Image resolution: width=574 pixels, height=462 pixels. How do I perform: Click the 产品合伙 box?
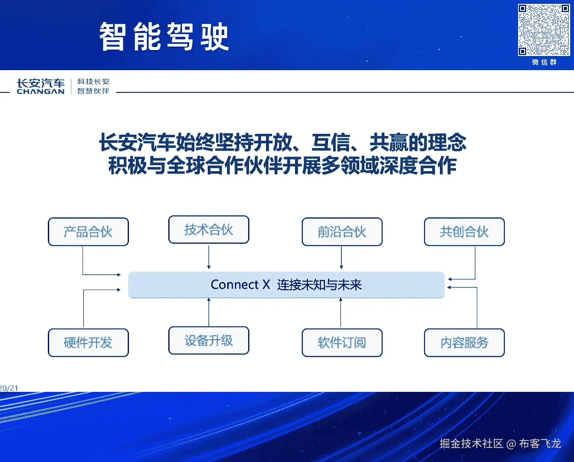[x=88, y=232]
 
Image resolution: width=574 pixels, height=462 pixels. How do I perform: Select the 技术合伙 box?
[x=208, y=230]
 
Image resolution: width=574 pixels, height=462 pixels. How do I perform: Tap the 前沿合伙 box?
[x=342, y=232]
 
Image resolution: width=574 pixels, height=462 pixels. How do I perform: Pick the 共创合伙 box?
[x=464, y=232]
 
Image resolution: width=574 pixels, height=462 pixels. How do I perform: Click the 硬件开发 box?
[x=88, y=343]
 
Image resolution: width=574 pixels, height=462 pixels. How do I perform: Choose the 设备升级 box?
[x=208, y=341]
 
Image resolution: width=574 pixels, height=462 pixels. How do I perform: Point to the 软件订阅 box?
[x=342, y=343]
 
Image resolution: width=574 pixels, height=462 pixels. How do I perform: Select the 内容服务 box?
[x=464, y=343]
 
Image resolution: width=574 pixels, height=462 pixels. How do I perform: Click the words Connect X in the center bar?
[x=240, y=285]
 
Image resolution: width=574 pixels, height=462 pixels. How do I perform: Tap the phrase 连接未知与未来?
[x=319, y=285]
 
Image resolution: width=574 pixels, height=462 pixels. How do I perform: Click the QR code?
[x=544, y=30]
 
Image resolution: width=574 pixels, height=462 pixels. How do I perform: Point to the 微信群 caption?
[x=544, y=62]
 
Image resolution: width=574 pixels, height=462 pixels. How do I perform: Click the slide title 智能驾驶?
[x=164, y=37]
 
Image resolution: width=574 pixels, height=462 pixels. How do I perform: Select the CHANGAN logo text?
[x=41, y=91]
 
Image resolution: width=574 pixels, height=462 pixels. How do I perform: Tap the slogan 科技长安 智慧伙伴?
[x=93, y=86]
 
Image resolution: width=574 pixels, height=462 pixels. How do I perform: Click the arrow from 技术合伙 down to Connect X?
[x=209, y=257]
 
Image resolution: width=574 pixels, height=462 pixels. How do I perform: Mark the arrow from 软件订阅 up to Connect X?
[x=340, y=312]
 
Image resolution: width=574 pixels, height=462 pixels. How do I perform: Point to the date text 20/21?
[x=9, y=388]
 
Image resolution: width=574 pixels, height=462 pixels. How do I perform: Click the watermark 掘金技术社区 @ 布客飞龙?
[x=500, y=444]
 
